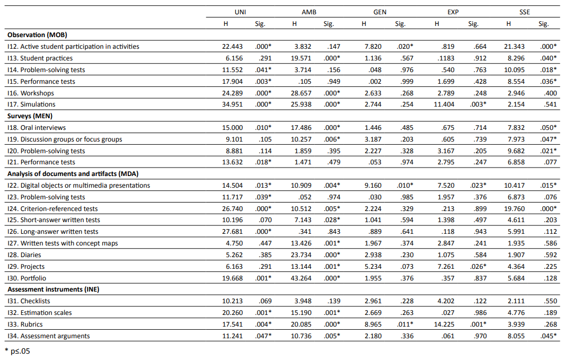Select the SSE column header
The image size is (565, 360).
(525, 12)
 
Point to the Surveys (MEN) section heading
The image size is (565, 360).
(30, 116)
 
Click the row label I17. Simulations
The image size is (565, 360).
(31, 104)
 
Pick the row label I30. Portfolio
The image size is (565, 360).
(27, 278)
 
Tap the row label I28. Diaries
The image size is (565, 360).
(24, 254)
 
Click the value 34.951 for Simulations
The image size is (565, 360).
(232, 104)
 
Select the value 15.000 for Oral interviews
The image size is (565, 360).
(232, 128)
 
